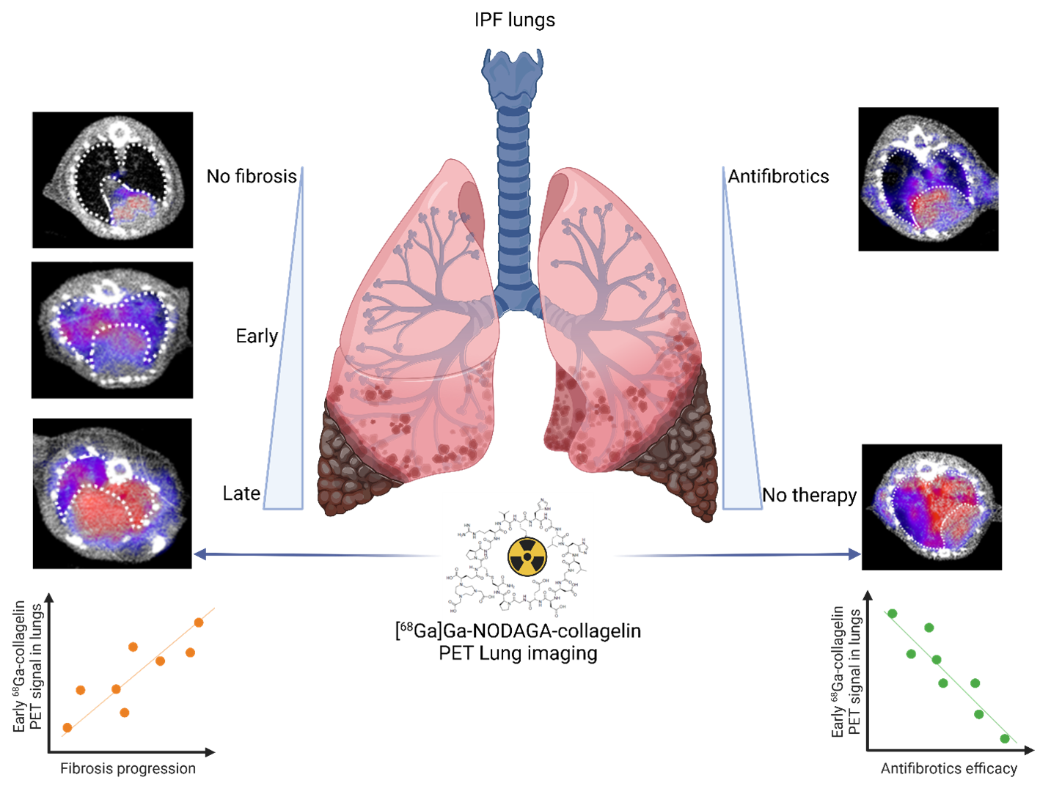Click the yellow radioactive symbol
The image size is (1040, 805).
[x=528, y=556]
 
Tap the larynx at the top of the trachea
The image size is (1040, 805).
[x=513, y=70]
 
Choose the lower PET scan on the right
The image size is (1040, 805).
[x=933, y=505]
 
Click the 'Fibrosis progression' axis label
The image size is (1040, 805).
[x=128, y=768]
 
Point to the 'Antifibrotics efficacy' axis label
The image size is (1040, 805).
[x=948, y=768]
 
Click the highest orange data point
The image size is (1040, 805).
[x=199, y=622]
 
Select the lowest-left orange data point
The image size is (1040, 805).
[x=67, y=727]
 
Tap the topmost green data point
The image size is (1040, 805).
[x=892, y=613]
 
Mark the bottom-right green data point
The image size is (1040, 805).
[x=1005, y=738]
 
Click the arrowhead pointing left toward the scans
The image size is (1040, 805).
[x=198, y=555]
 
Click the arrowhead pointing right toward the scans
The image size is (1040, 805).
[x=854, y=555]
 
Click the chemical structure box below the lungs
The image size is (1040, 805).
[x=518, y=556]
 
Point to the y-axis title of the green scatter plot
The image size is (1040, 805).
[x=846, y=672]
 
